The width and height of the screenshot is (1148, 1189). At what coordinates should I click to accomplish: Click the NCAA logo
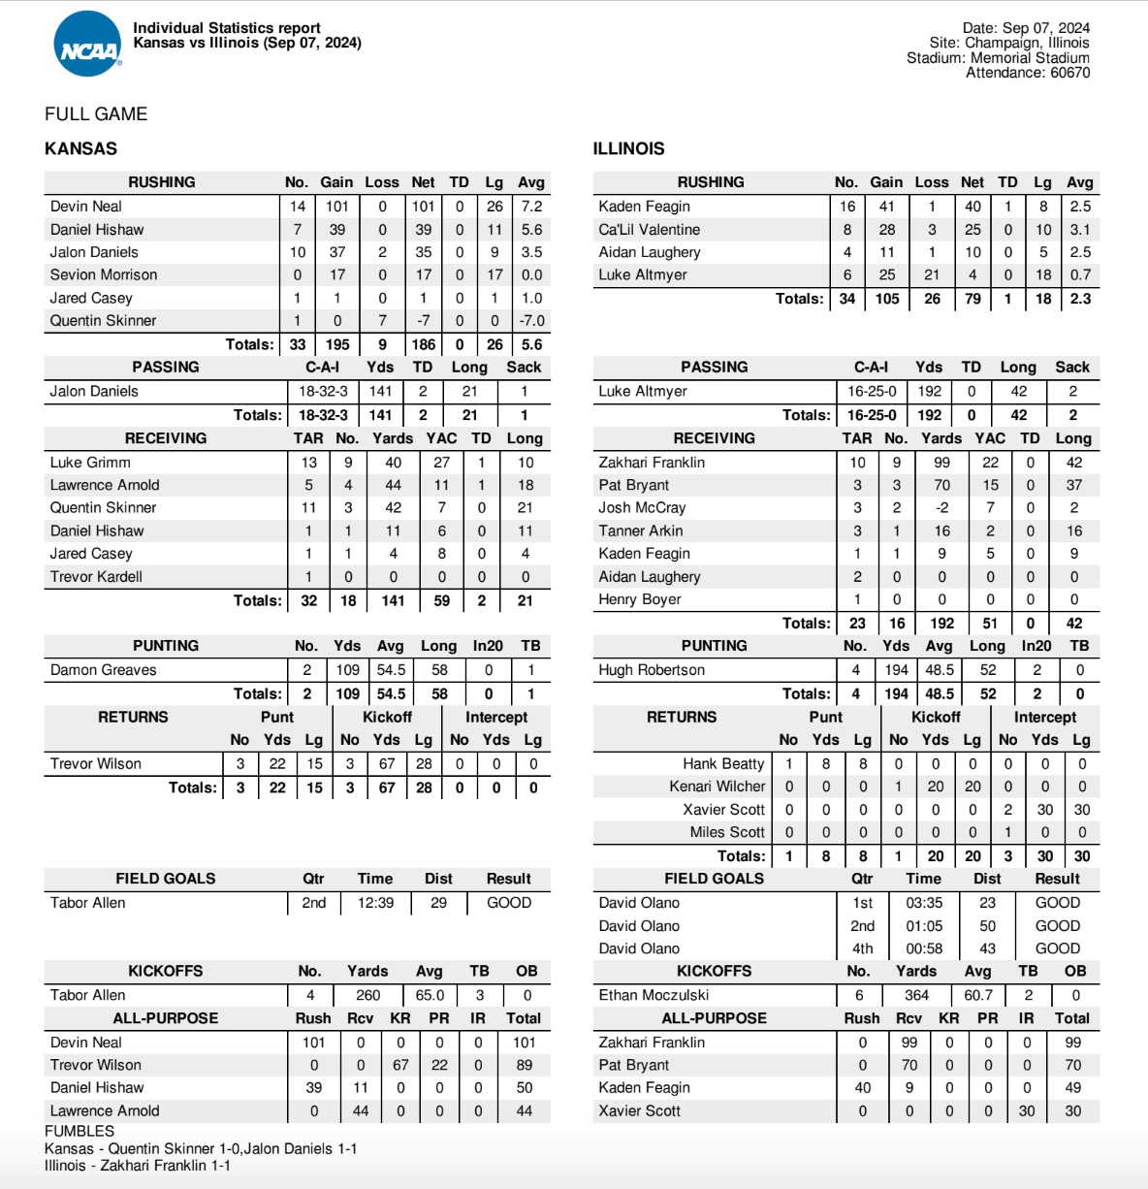[87, 45]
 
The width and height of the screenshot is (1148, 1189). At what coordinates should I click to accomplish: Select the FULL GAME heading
[96, 114]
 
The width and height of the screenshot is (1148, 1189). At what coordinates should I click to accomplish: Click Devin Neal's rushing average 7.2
[531, 207]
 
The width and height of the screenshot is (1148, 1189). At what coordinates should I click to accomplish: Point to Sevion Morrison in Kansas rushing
[104, 275]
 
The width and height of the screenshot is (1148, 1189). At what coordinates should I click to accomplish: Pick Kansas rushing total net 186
[423, 344]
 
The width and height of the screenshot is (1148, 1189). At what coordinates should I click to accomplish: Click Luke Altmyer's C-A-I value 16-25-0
[872, 391]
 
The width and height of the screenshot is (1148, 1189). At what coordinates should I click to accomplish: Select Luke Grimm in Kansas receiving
[90, 463]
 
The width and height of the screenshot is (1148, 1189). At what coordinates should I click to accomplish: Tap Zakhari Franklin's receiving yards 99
[941, 463]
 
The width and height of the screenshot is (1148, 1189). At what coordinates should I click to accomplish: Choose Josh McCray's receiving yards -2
[941, 508]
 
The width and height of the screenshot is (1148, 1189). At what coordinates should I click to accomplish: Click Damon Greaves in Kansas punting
[103, 670]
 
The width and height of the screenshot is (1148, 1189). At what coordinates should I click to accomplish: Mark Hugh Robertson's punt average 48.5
[939, 670]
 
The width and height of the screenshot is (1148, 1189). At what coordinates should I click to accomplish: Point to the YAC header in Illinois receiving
[990, 438]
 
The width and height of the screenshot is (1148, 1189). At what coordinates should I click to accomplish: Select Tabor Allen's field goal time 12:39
[375, 903]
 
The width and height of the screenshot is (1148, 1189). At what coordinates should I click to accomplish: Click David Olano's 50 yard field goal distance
[987, 926]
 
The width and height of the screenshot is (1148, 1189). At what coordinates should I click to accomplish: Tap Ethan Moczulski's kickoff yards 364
[916, 995]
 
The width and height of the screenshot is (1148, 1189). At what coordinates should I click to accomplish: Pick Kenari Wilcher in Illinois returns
[717, 787]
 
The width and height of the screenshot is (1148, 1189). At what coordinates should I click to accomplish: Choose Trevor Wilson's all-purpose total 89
[524, 1065]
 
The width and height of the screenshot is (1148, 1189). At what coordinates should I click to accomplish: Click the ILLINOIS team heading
[628, 148]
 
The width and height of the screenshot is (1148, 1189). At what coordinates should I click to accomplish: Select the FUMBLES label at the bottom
[80, 1131]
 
